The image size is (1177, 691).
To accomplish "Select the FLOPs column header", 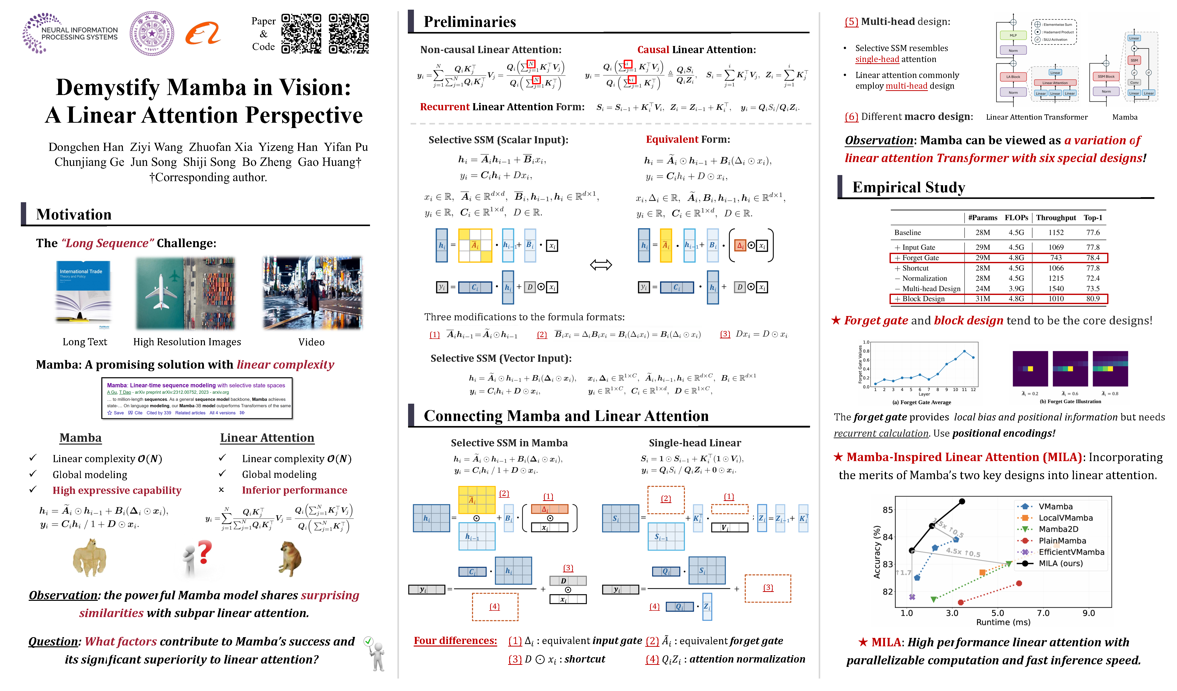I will click(1016, 218).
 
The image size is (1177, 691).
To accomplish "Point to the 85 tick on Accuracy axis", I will click(888, 510).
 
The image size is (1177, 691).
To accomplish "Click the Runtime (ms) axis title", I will click(1003, 622).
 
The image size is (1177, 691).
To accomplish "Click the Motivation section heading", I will click(74, 214).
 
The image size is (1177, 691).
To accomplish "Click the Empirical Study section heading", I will click(908, 187).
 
